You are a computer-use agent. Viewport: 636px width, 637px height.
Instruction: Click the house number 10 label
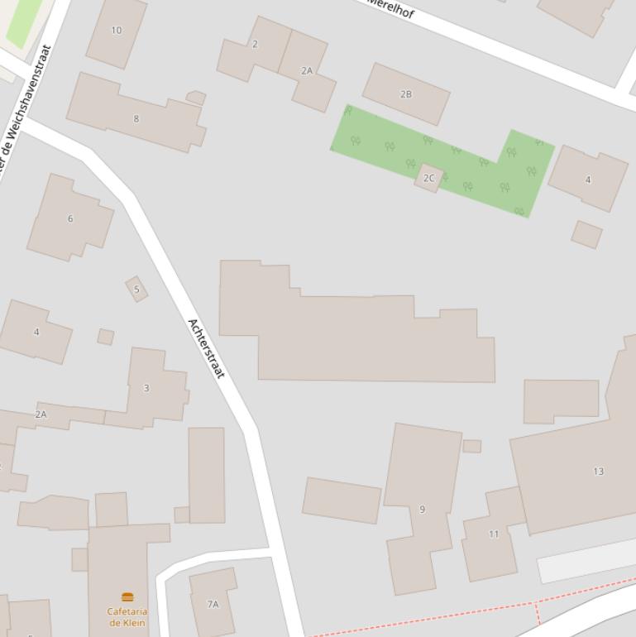pyautogui.click(x=116, y=31)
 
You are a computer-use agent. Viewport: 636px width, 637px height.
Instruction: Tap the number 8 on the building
pyautogui.click(x=136, y=118)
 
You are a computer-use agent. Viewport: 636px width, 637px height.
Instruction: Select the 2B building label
pyautogui.click(x=405, y=94)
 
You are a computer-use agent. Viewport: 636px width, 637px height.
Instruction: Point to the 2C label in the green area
pyautogui.click(x=428, y=178)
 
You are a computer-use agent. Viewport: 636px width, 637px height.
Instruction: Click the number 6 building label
pyautogui.click(x=70, y=218)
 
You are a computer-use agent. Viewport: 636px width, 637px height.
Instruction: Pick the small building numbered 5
pyautogui.click(x=137, y=290)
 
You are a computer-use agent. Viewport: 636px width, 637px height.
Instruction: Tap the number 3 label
pyautogui.click(x=146, y=387)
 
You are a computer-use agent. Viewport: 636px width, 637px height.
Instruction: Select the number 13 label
pyautogui.click(x=598, y=472)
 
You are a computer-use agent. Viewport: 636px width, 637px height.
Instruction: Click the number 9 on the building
pyautogui.click(x=422, y=509)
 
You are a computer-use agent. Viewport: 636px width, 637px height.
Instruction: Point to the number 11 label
pyautogui.click(x=493, y=534)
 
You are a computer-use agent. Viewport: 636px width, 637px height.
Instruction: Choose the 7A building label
pyautogui.click(x=213, y=604)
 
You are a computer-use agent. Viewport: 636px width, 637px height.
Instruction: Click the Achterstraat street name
pyautogui.click(x=206, y=348)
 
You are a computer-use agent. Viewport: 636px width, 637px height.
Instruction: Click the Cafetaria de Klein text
pyautogui.click(x=127, y=617)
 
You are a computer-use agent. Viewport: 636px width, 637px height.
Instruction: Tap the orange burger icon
pyautogui.click(x=127, y=596)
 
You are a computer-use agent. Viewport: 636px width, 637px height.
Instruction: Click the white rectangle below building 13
pyautogui.click(x=587, y=560)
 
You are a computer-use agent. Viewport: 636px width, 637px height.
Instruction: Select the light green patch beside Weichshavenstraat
pyautogui.click(x=22, y=20)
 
